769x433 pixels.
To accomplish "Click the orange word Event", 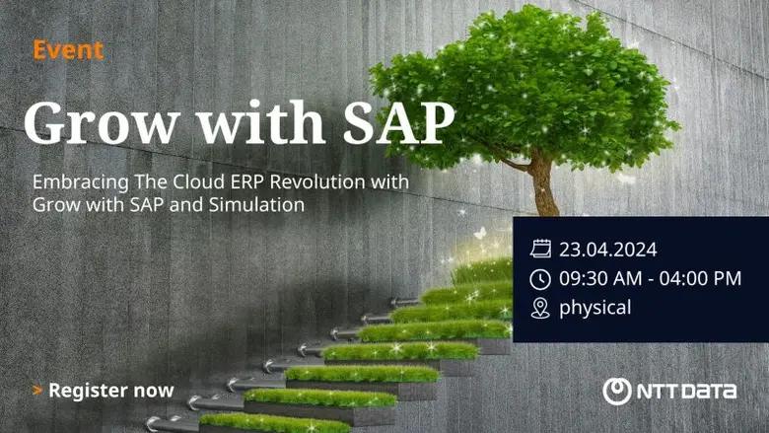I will (68, 50).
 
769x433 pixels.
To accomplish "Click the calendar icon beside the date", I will (539, 249).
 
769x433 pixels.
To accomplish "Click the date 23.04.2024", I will (608, 249).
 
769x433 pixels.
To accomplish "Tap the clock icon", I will (539, 279).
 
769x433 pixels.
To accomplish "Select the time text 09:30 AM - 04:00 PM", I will (650, 279).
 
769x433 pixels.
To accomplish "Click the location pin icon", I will (539, 309).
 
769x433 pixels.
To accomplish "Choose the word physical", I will (595, 309).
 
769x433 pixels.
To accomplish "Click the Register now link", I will (110, 391).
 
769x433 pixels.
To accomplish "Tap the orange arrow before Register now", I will (37, 391).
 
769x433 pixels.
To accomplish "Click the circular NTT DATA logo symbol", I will (617, 391).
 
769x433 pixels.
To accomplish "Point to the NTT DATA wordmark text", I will (687, 391).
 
